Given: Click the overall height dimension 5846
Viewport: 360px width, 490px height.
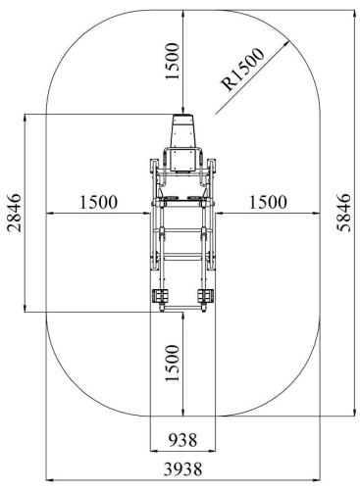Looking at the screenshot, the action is [343, 213].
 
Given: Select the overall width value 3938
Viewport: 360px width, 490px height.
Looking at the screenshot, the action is [182, 469].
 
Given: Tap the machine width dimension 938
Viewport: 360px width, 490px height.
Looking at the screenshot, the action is [182, 440].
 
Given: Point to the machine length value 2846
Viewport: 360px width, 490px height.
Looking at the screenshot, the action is [14, 213].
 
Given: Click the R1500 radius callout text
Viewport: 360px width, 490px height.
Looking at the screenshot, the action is [242, 70].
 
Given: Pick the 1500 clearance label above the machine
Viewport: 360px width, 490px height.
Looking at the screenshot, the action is [173, 61].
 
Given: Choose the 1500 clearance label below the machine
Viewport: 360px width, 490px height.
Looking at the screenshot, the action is [173, 363].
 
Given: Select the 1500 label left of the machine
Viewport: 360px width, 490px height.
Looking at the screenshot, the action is [98, 202].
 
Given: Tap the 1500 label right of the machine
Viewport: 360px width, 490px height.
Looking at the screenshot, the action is [268, 202].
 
